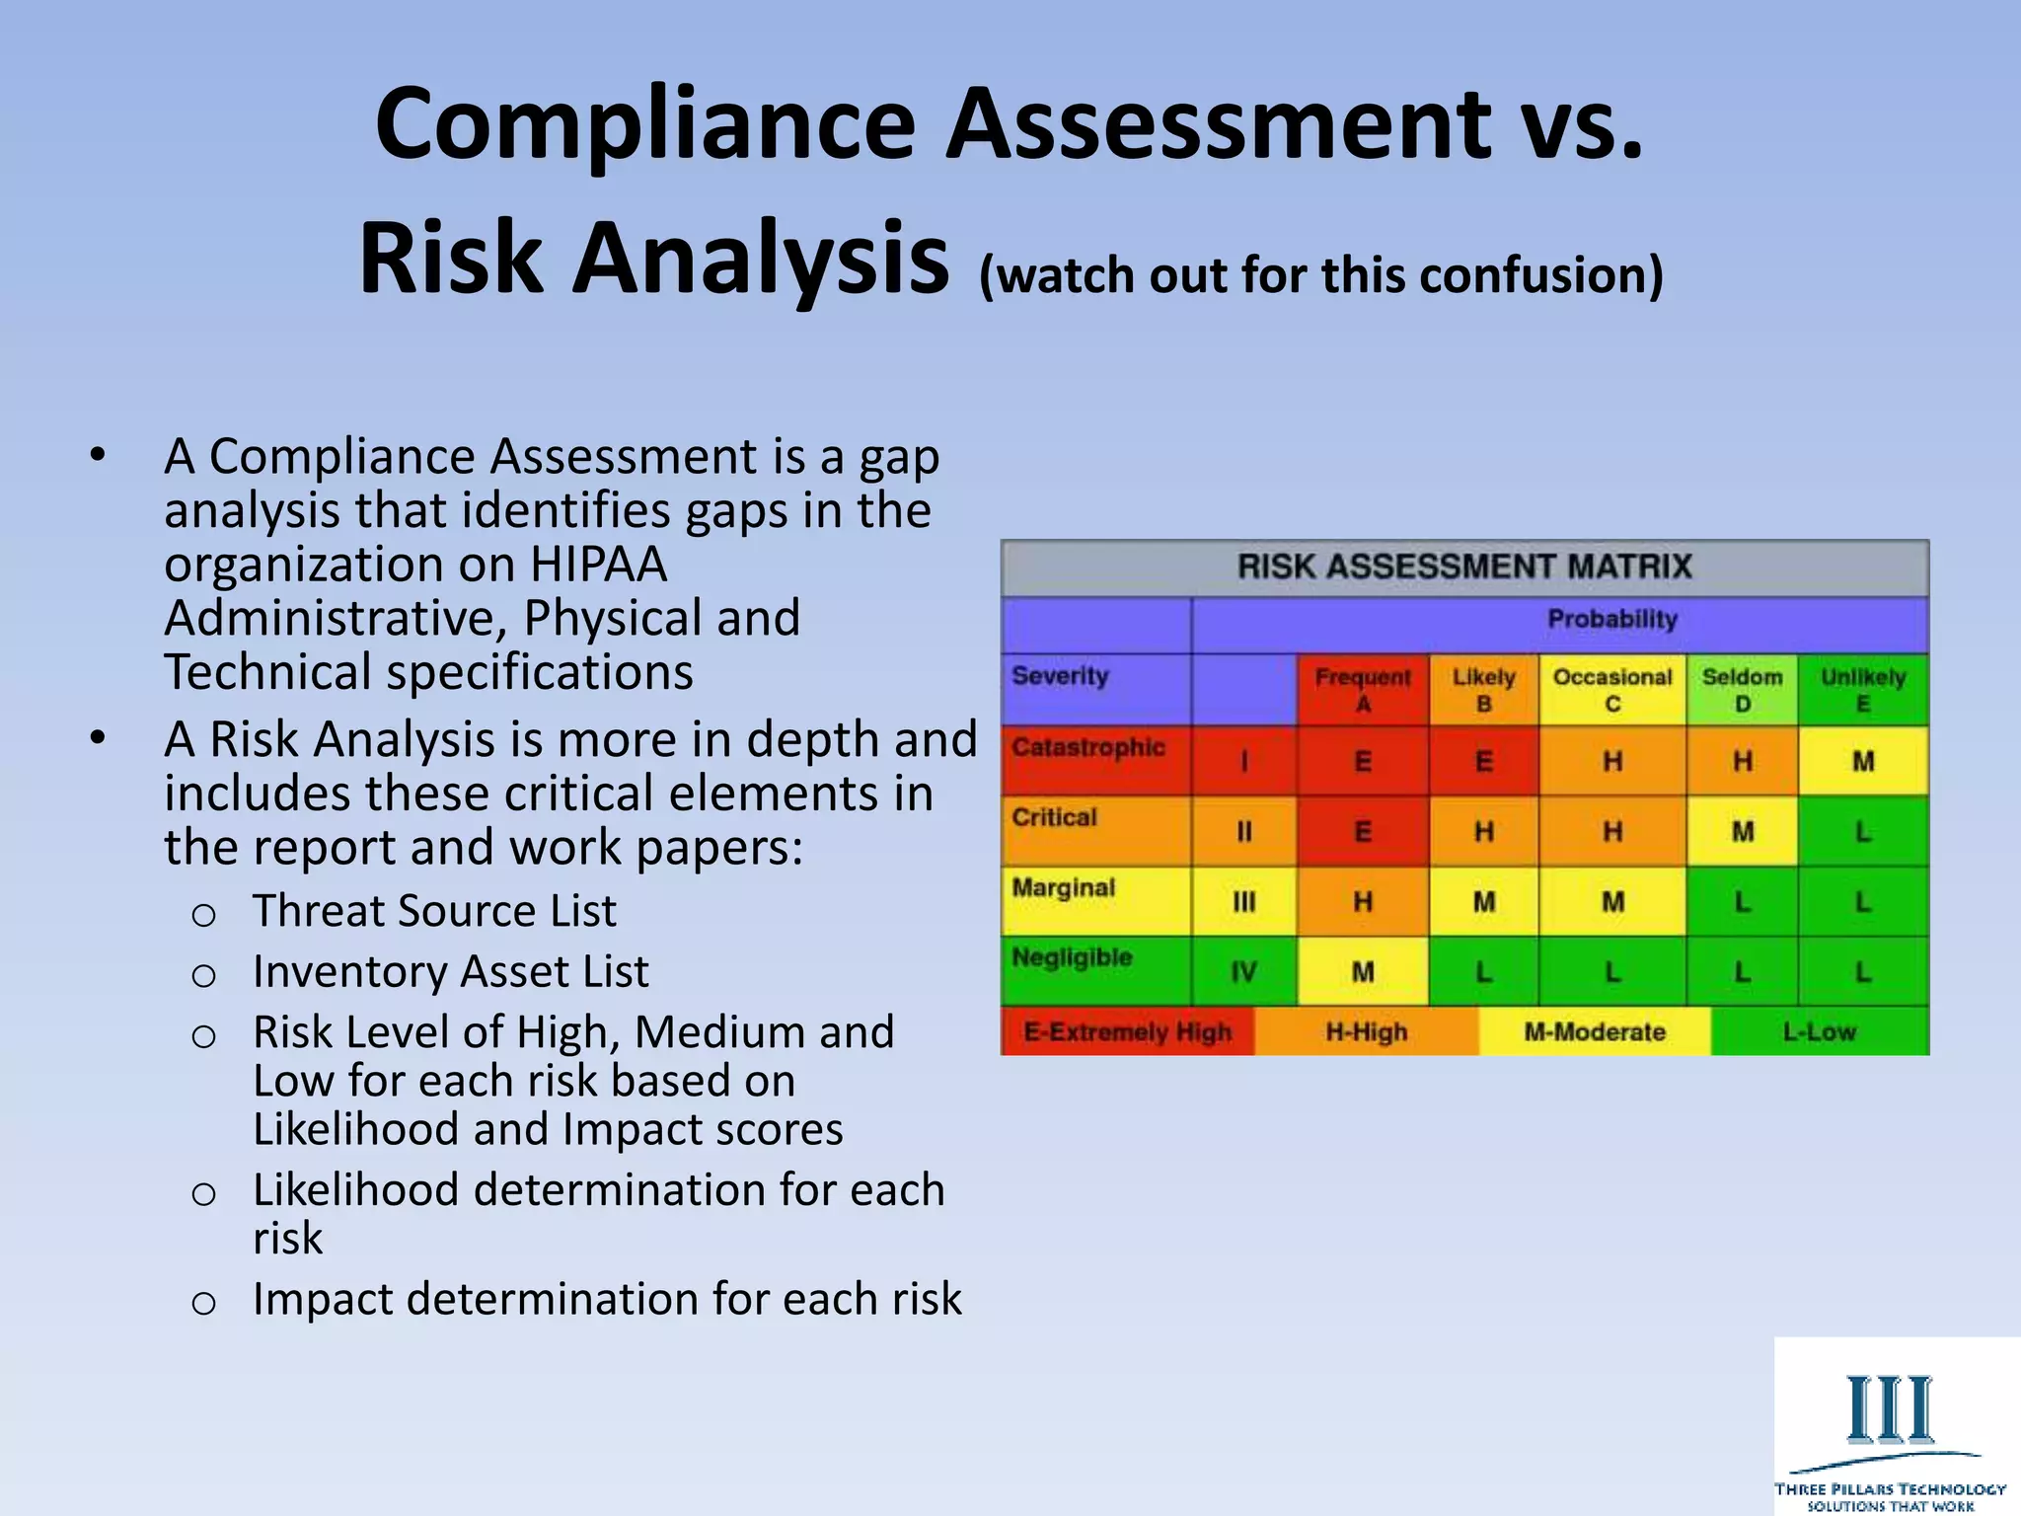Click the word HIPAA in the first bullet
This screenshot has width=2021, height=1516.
click(x=598, y=566)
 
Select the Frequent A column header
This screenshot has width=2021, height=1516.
click(x=1363, y=689)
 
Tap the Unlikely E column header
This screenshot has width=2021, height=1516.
click(x=1863, y=689)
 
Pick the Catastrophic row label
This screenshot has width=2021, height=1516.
click(x=1088, y=748)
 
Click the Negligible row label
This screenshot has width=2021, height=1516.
click(x=1072, y=957)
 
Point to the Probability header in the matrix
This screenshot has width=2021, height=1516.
click(x=1612, y=620)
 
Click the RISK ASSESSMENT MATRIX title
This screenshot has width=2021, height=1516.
click(x=1464, y=567)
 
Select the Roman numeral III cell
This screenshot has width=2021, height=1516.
click(x=1243, y=902)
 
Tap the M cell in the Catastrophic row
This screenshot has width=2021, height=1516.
click(x=1863, y=761)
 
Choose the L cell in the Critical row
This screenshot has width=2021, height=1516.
click(x=1863, y=832)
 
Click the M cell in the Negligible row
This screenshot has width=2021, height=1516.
click(x=1363, y=972)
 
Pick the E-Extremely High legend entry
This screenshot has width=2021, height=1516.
click(x=1127, y=1032)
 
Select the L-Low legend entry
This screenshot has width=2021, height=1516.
click(x=1819, y=1032)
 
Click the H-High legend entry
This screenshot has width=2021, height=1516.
click(x=1367, y=1032)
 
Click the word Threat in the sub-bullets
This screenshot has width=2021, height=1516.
click(x=318, y=911)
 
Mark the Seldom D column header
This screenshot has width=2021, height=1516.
click(x=1742, y=689)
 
